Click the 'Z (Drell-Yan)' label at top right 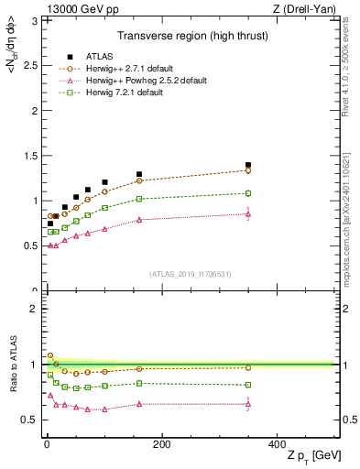[309, 8]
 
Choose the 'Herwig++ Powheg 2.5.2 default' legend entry [143, 81]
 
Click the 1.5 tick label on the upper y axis [29, 155]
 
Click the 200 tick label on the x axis [161, 444]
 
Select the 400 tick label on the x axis [277, 444]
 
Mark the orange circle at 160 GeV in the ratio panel [139, 368]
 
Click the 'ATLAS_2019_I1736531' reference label [190, 274]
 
